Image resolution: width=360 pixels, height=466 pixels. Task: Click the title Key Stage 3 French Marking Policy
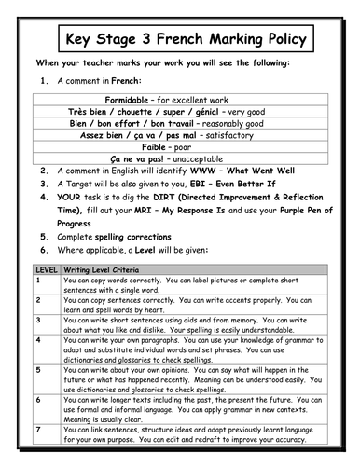coord(180,40)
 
